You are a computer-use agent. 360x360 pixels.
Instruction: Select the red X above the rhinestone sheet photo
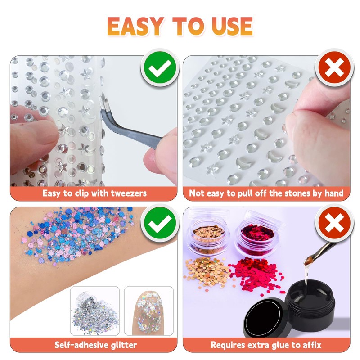[x=333, y=68]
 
